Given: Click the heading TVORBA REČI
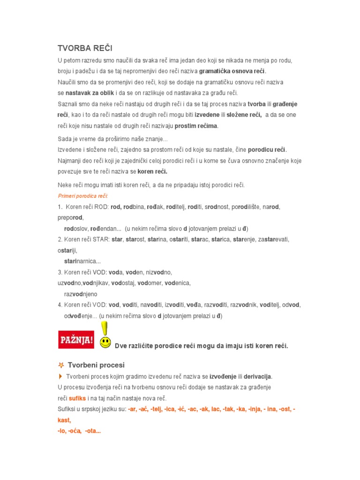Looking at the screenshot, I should pos(85,48).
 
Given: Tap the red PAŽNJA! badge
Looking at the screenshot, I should pos(75,339).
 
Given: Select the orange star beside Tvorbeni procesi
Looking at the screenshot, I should pos(61,365).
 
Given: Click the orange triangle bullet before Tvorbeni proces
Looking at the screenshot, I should pos(60,376).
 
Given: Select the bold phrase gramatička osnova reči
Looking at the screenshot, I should pos(232,71).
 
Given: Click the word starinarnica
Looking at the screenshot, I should pos(82,261).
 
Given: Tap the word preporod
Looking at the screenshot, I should pos(70,217).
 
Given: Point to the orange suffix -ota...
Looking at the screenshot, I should pos(92,431).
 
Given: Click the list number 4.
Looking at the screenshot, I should pos(60,305).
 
